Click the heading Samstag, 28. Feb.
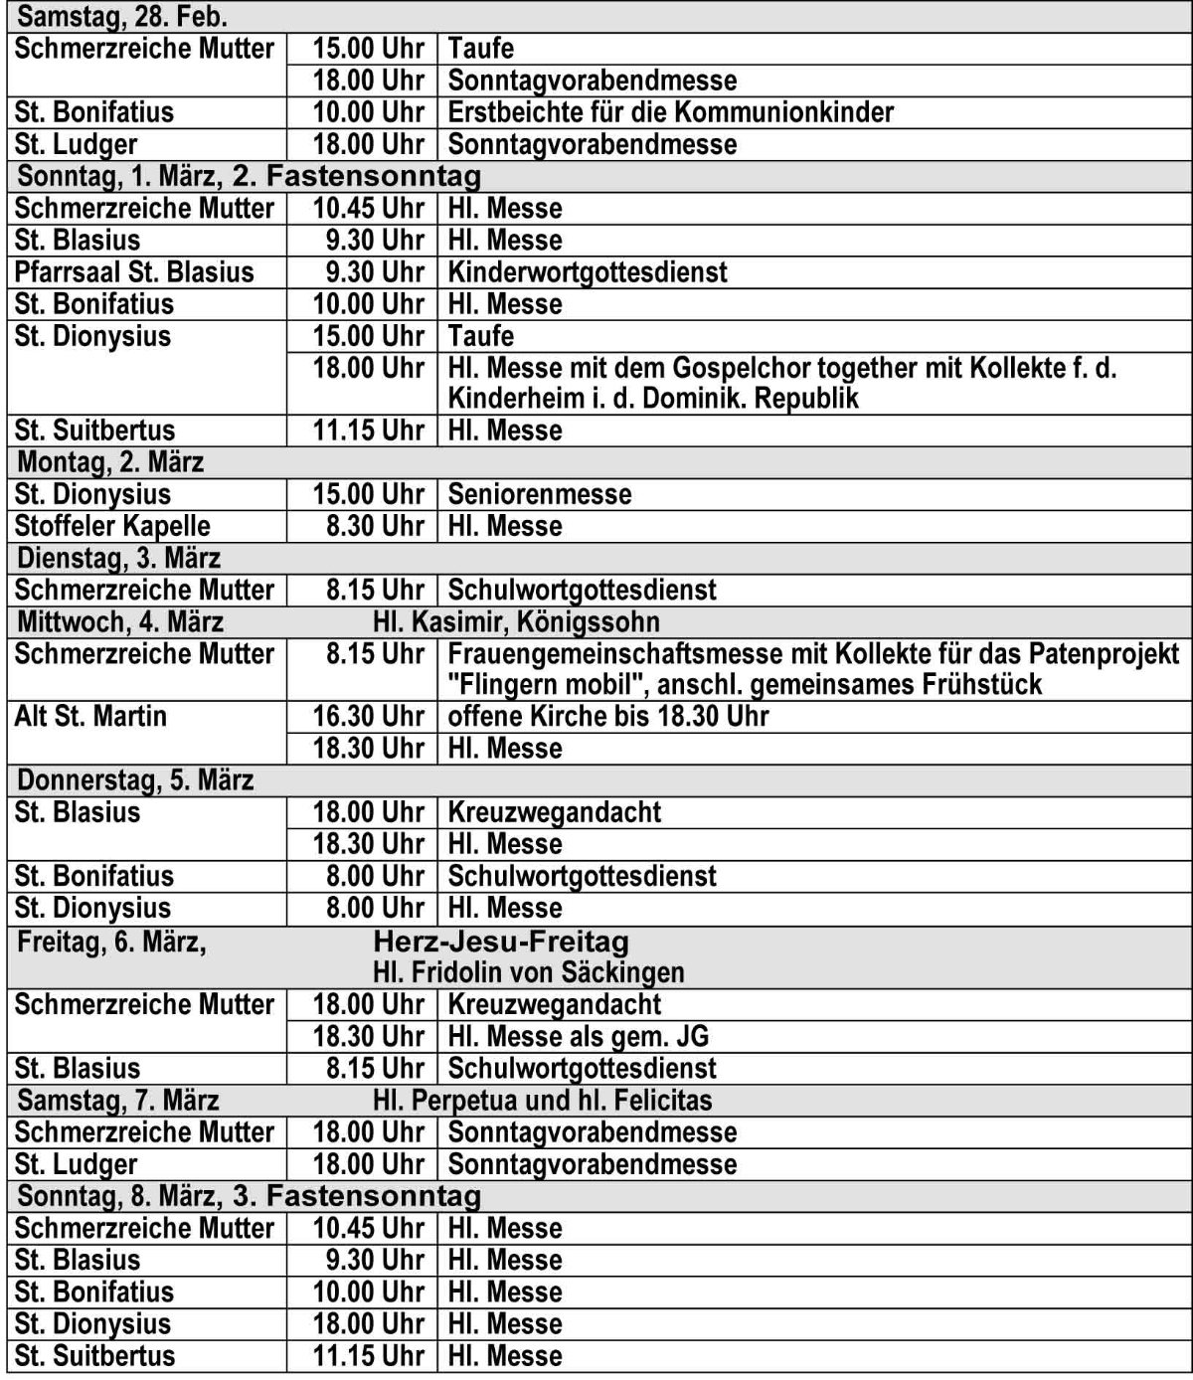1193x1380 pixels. (x=122, y=16)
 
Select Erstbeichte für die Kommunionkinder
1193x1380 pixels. (x=671, y=112)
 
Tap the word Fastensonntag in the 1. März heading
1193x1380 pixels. (x=374, y=177)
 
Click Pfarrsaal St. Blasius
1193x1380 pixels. (x=134, y=272)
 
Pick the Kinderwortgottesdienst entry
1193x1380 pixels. (x=588, y=272)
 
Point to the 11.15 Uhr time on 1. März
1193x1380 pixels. (x=369, y=431)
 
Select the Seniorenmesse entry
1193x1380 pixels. (x=539, y=494)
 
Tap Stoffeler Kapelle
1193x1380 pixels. (x=112, y=526)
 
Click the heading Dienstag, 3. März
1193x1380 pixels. (x=119, y=558)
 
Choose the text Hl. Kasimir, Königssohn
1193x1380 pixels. (x=516, y=622)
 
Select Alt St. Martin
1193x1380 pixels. (x=90, y=717)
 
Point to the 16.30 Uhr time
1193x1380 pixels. (x=369, y=717)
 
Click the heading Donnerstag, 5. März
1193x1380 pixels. (x=135, y=780)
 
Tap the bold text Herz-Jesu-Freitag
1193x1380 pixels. (x=501, y=942)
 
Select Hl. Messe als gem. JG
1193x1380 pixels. (x=579, y=1037)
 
